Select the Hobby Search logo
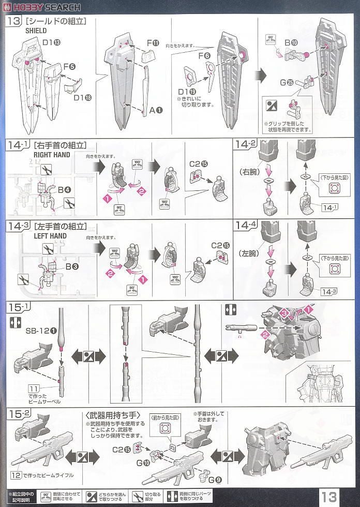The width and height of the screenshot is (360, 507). (41, 7)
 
